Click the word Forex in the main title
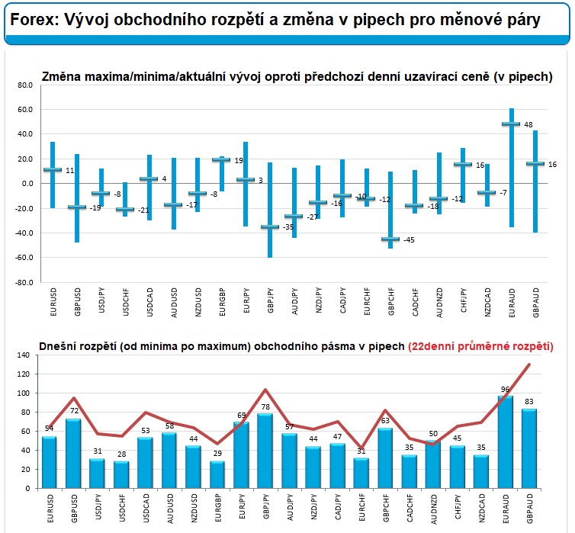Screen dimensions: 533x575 coord(35,21)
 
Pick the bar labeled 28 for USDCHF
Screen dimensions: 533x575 coord(122,474)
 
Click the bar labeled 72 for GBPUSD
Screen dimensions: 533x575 coord(73,454)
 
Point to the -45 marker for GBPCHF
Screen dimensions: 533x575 coord(390,239)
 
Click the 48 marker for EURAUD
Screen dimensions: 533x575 coord(511,124)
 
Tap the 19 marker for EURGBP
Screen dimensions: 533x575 coord(220,160)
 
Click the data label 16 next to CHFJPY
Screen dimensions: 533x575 coord(479,165)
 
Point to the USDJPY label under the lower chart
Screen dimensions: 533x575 coord(98,507)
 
